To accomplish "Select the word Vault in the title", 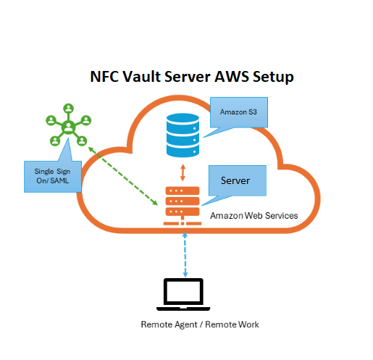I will pos(143,77).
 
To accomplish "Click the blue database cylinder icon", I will pos(183,133).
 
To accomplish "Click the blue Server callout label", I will pos(238,180).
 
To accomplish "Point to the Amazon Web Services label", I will pos(253,216).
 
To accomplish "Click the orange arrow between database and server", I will pos(183,171).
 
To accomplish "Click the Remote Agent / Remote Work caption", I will pos(199,324).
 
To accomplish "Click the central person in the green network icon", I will pos(68,127).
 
